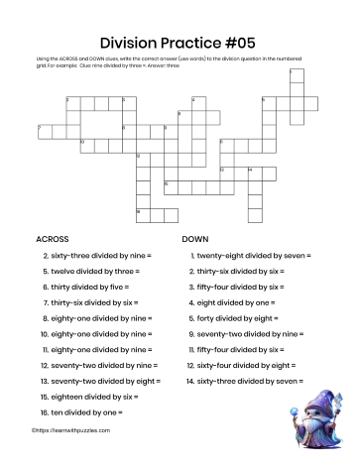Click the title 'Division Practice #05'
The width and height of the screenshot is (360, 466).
point(180,42)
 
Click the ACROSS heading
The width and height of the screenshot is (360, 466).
point(54,239)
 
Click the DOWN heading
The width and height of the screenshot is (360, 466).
point(195,239)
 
